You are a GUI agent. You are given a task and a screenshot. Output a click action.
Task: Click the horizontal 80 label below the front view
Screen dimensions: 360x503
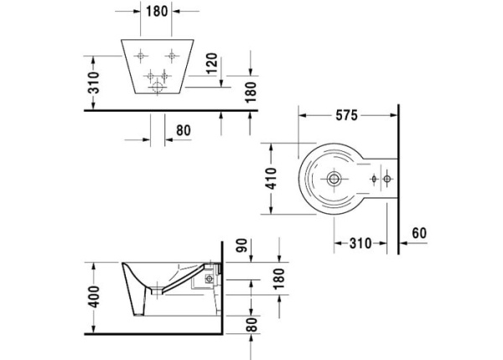click(184, 130)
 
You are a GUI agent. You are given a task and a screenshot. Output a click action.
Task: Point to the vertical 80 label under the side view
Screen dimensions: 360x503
click(251, 325)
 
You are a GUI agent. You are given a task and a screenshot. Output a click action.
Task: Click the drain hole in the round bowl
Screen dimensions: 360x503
click(334, 179)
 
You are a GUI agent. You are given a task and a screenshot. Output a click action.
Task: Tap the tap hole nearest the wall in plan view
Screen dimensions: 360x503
click(386, 179)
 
